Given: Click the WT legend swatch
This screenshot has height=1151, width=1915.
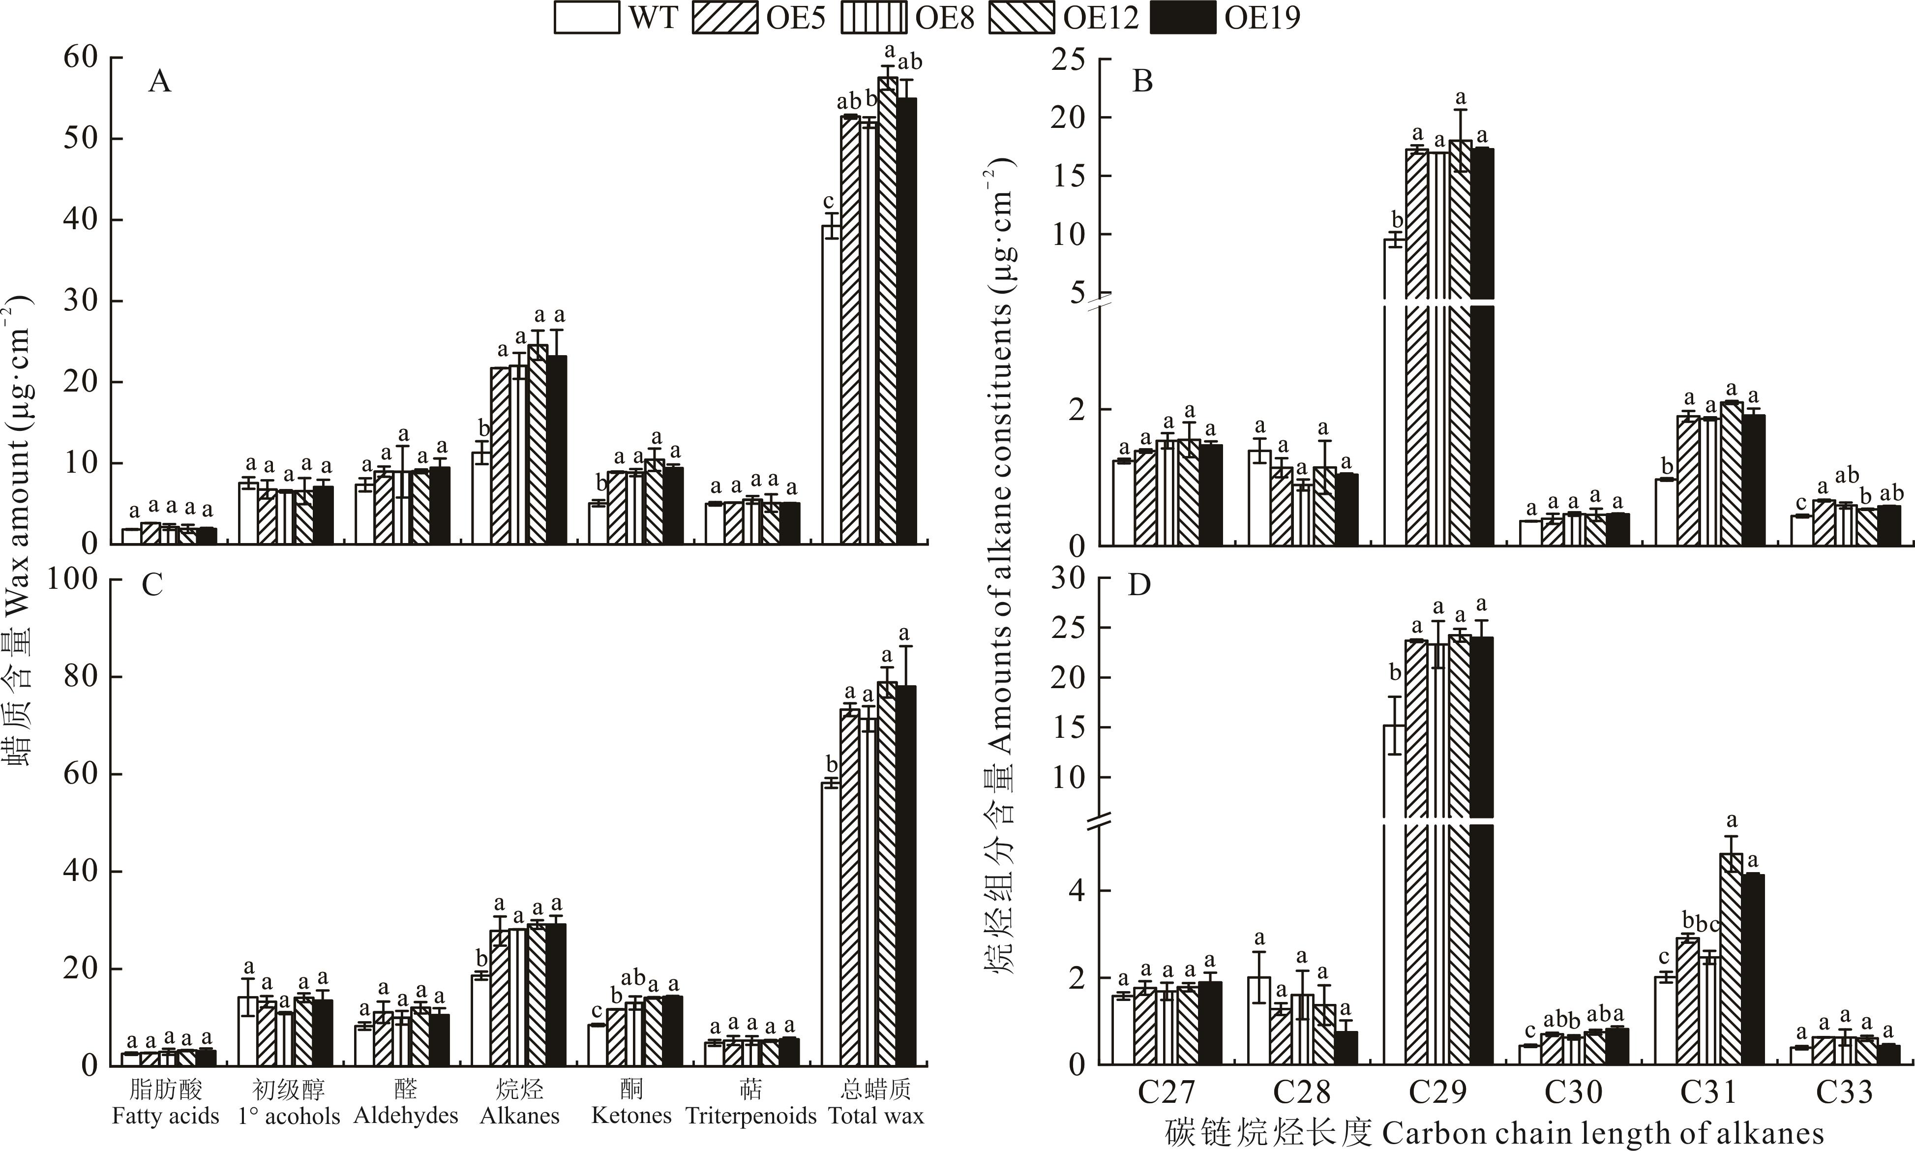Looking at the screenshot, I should pyautogui.click(x=586, y=18).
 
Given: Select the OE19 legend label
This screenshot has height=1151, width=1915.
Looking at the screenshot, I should pyautogui.click(x=1262, y=18).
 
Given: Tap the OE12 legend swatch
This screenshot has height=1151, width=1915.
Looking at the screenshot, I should pyautogui.click(x=1021, y=18).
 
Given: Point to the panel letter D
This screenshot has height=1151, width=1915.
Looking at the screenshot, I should pyautogui.click(x=1139, y=585).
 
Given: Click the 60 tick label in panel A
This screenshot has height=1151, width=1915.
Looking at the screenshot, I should pyautogui.click(x=81, y=58).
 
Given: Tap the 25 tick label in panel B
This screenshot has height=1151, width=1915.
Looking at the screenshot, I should pyautogui.click(x=1068, y=59).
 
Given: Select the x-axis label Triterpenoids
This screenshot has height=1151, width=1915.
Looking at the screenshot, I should pyautogui.click(x=750, y=1116).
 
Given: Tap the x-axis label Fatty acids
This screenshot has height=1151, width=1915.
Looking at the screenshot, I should pyautogui.click(x=165, y=1116).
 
